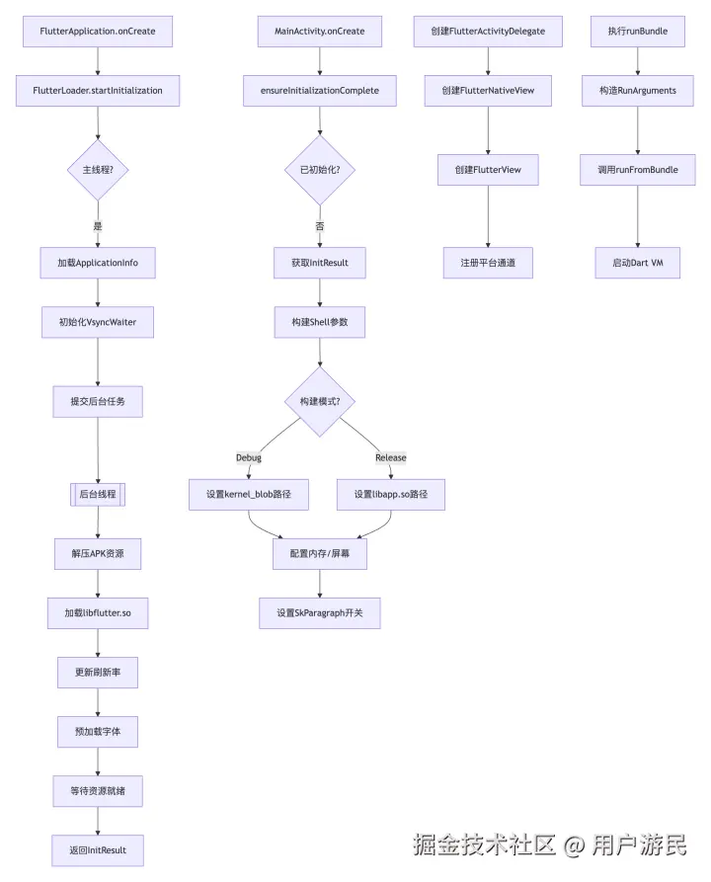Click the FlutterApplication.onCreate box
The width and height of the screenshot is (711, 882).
click(x=98, y=31)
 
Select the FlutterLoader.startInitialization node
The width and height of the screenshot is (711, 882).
click(x=98, y=91)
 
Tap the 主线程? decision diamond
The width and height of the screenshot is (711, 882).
click(x=98, y=170)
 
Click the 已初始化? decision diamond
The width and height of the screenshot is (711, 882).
click(x=320, y=170)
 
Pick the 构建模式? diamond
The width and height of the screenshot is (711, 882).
click(x=320, y=402)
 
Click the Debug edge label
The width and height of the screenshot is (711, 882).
click(x=249, y=458)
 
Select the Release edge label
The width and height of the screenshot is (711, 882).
click(x=391, y=458)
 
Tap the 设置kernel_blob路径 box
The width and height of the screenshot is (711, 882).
click(x=249, y=495)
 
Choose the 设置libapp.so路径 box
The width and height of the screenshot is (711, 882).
click(x=391, y=495)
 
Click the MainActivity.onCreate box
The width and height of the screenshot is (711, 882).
click(x=320, y=31)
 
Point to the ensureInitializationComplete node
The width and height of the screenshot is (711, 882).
click(x=320, y=91)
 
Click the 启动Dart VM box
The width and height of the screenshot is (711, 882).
click(x=638, y=263)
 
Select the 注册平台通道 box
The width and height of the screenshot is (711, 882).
click(x=488, y=263)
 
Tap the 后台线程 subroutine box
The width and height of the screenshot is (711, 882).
click(x=98, y=495)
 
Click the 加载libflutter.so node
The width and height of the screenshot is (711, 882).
click(x=98, y=613)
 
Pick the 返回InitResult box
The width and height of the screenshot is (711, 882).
click(x=98, y=850)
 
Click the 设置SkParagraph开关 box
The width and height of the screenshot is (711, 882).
click(x=320, y=613)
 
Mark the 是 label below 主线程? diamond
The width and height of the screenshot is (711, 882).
click(x=98, y=226)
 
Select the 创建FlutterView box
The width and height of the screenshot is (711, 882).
click(x=488, y=170)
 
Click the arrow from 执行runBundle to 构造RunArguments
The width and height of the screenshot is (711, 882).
click(x=638, y=61)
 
